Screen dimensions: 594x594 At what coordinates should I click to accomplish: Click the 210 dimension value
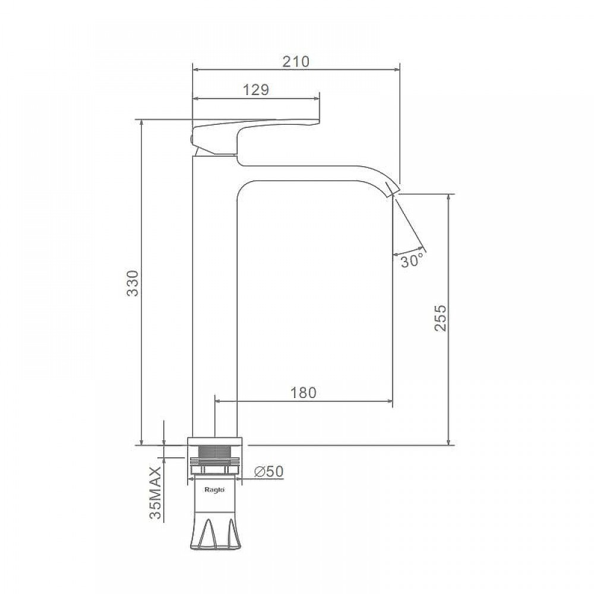point(296,61)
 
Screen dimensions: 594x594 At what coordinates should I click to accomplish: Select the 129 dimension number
point(255,90)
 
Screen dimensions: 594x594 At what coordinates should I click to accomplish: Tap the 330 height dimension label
point(133,283)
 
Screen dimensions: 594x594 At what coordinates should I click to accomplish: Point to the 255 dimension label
point(440,318)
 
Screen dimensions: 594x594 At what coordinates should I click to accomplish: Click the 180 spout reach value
point(304,393)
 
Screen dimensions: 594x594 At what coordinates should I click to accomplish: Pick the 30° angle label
point(412,261)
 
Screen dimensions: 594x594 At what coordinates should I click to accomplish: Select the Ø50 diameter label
point(269,472)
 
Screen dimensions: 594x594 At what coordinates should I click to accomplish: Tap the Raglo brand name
point(214,489)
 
